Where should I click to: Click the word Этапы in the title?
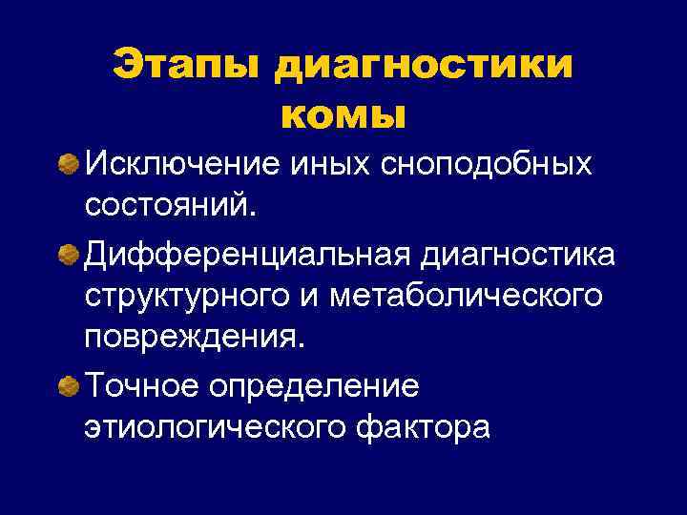[x=186, y=66]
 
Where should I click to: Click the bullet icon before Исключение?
[x=68, y=165]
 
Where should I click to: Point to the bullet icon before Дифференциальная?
[x=68, y=254]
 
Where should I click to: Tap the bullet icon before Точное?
[x=68, y=386]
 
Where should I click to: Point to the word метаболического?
[x=467, y=298]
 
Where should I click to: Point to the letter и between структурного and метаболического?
[x=314, y=298]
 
